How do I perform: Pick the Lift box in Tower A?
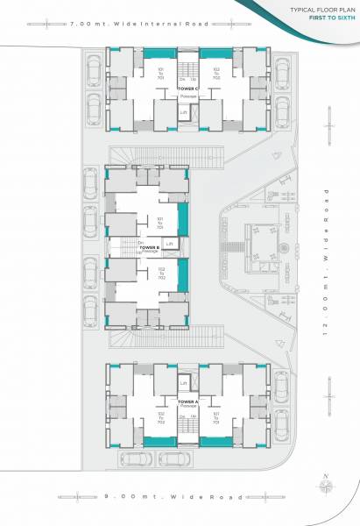[184, 383]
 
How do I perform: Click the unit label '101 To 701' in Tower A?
[215, 416]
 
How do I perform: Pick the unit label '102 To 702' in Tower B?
[160, 274]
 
